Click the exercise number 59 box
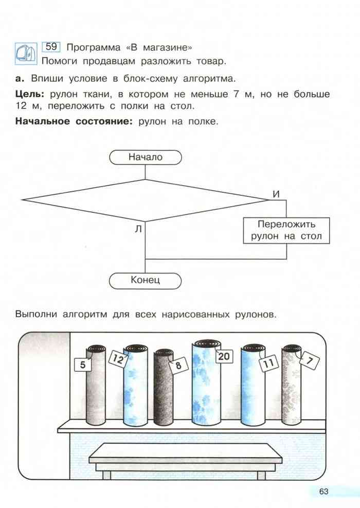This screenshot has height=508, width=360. tap(51, 47)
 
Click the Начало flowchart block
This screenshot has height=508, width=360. tap(146, 157)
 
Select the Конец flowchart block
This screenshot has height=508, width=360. tap(146, 281)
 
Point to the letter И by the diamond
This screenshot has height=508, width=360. tap(276, 194)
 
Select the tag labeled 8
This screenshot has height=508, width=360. tap(178, 366)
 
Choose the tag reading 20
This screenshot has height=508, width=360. tap(224, 356)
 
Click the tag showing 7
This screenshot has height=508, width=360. tap(309, 360)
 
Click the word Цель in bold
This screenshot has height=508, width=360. tap(30, 95)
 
